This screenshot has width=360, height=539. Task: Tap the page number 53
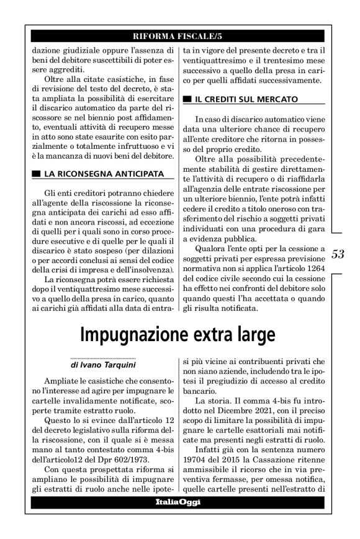tap(338, 254)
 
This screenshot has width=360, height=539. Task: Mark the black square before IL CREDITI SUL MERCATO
tap(186, 99)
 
